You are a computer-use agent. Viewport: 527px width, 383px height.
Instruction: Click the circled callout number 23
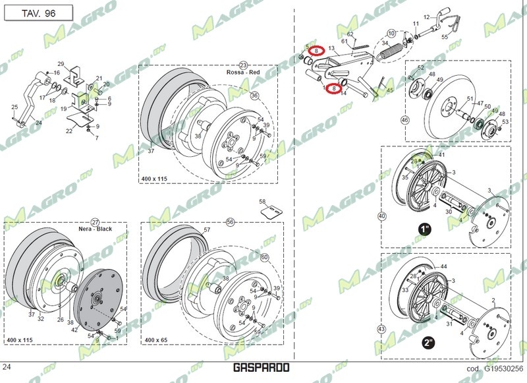(x=243, y=65)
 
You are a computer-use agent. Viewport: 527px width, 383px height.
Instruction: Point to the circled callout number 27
(x=95, y=222)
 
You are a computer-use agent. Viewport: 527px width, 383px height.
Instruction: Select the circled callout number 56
(x=231, y=222)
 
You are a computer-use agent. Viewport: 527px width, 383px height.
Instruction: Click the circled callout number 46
(x=404, y=120)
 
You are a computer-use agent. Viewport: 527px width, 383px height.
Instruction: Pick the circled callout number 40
(x=381, y=216)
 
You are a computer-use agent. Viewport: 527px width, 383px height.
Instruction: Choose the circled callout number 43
(x=381, y=328)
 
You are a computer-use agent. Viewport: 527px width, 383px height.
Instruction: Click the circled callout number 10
(x=391, y=33)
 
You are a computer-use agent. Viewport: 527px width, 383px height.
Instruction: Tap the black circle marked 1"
(x=425, y=229)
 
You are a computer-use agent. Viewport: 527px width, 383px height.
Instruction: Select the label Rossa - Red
(x=243, y=73)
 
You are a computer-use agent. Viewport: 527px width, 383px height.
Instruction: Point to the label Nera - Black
(x=95, y=229)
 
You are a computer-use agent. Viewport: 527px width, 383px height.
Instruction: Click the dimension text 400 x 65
(x=157, y=340)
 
